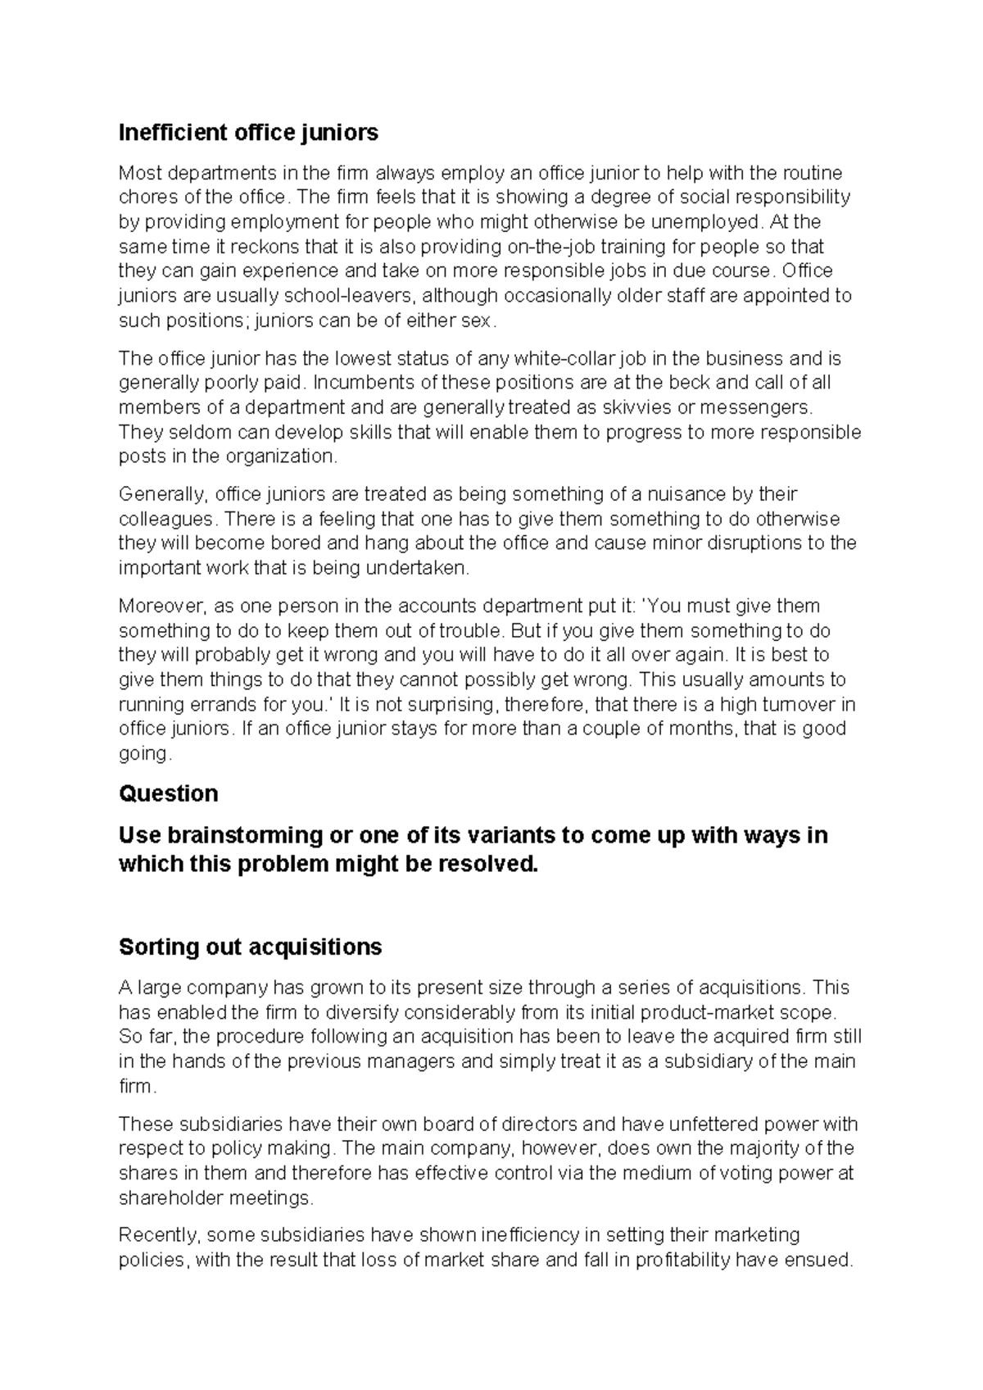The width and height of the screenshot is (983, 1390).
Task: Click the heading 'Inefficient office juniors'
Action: [248, 132]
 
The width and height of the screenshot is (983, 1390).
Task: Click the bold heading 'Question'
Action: [168, 793]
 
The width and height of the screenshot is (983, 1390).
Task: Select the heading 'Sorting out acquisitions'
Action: [250, 947]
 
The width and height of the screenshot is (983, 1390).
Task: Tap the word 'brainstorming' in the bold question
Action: [242, 835]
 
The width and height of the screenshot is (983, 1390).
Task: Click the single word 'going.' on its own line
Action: [145, 753]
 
